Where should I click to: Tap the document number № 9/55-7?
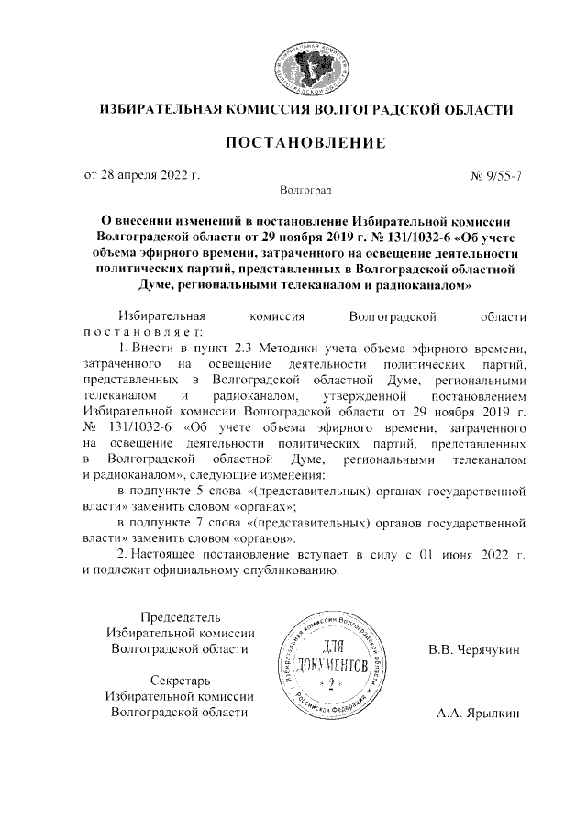click(x=496, y=173)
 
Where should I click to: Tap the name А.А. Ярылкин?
click(x=478, y=712)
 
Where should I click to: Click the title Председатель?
click(x=180, y=615)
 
